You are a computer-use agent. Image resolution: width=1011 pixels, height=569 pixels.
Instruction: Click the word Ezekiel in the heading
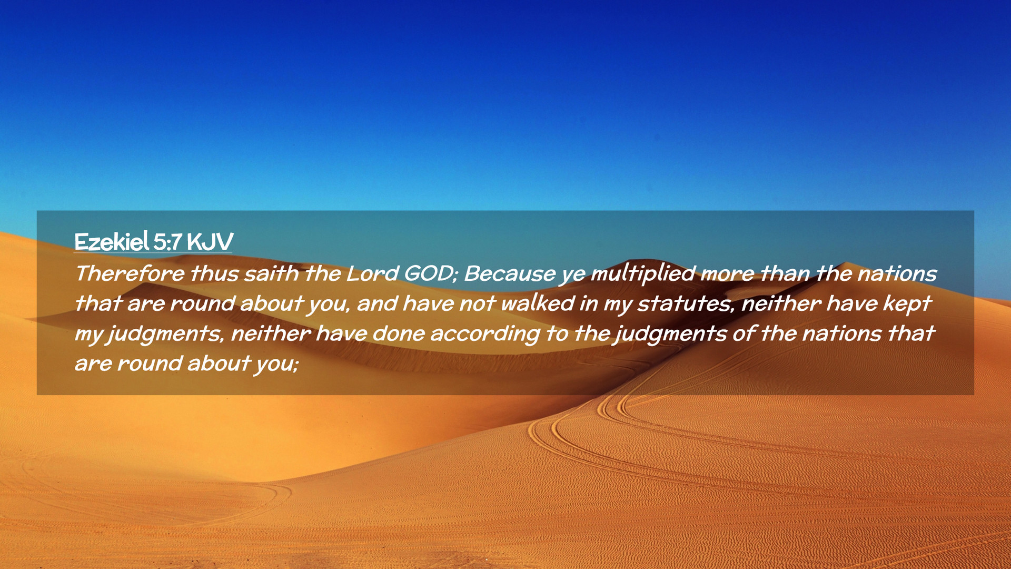(112, 242)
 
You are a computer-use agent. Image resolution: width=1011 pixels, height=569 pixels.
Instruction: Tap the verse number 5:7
(168, 242)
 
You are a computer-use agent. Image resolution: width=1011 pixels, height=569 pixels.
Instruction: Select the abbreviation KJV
(210, 242)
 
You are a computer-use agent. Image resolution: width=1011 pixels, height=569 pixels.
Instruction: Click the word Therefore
(130, 273)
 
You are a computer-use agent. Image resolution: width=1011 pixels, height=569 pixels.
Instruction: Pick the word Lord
(372, 273)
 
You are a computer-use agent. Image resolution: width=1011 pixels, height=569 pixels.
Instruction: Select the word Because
(510, 273)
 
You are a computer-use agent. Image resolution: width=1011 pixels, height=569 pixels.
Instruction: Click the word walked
(538, 303)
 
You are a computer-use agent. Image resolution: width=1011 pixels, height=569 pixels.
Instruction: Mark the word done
(399, 333)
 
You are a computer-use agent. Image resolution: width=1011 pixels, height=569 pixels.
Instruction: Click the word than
(785, 273)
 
